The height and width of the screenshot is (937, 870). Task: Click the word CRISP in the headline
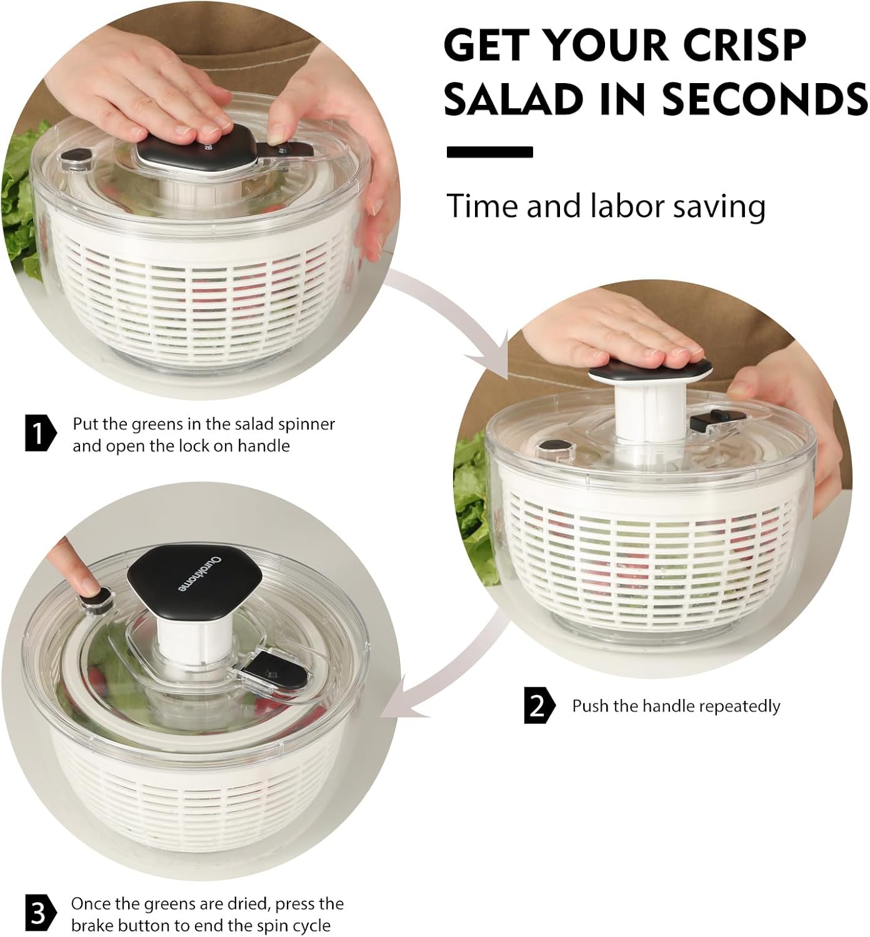744,45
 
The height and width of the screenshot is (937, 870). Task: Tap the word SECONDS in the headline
764,99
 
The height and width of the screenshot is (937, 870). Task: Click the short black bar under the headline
490,152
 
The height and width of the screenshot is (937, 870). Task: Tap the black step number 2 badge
538,706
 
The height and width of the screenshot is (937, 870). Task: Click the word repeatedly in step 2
739,706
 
